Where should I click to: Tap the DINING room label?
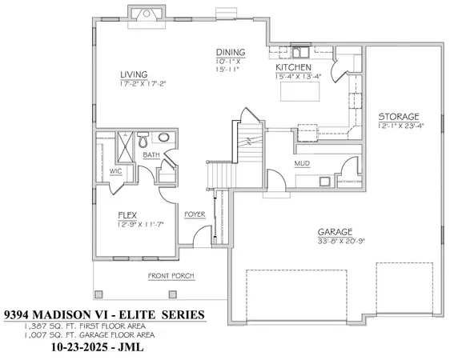click(229, 52)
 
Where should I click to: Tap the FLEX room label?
click(127, 214)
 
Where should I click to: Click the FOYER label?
click(195, 214)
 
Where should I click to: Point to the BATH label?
click(151, 155)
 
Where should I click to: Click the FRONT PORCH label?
click(171, 277)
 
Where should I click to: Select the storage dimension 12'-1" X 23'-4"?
click(400, 126)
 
